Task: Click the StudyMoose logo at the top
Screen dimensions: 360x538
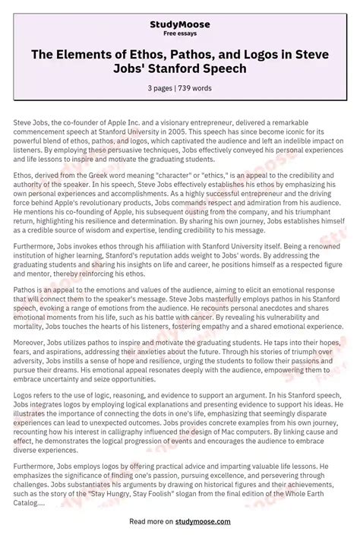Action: coord(179,11)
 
